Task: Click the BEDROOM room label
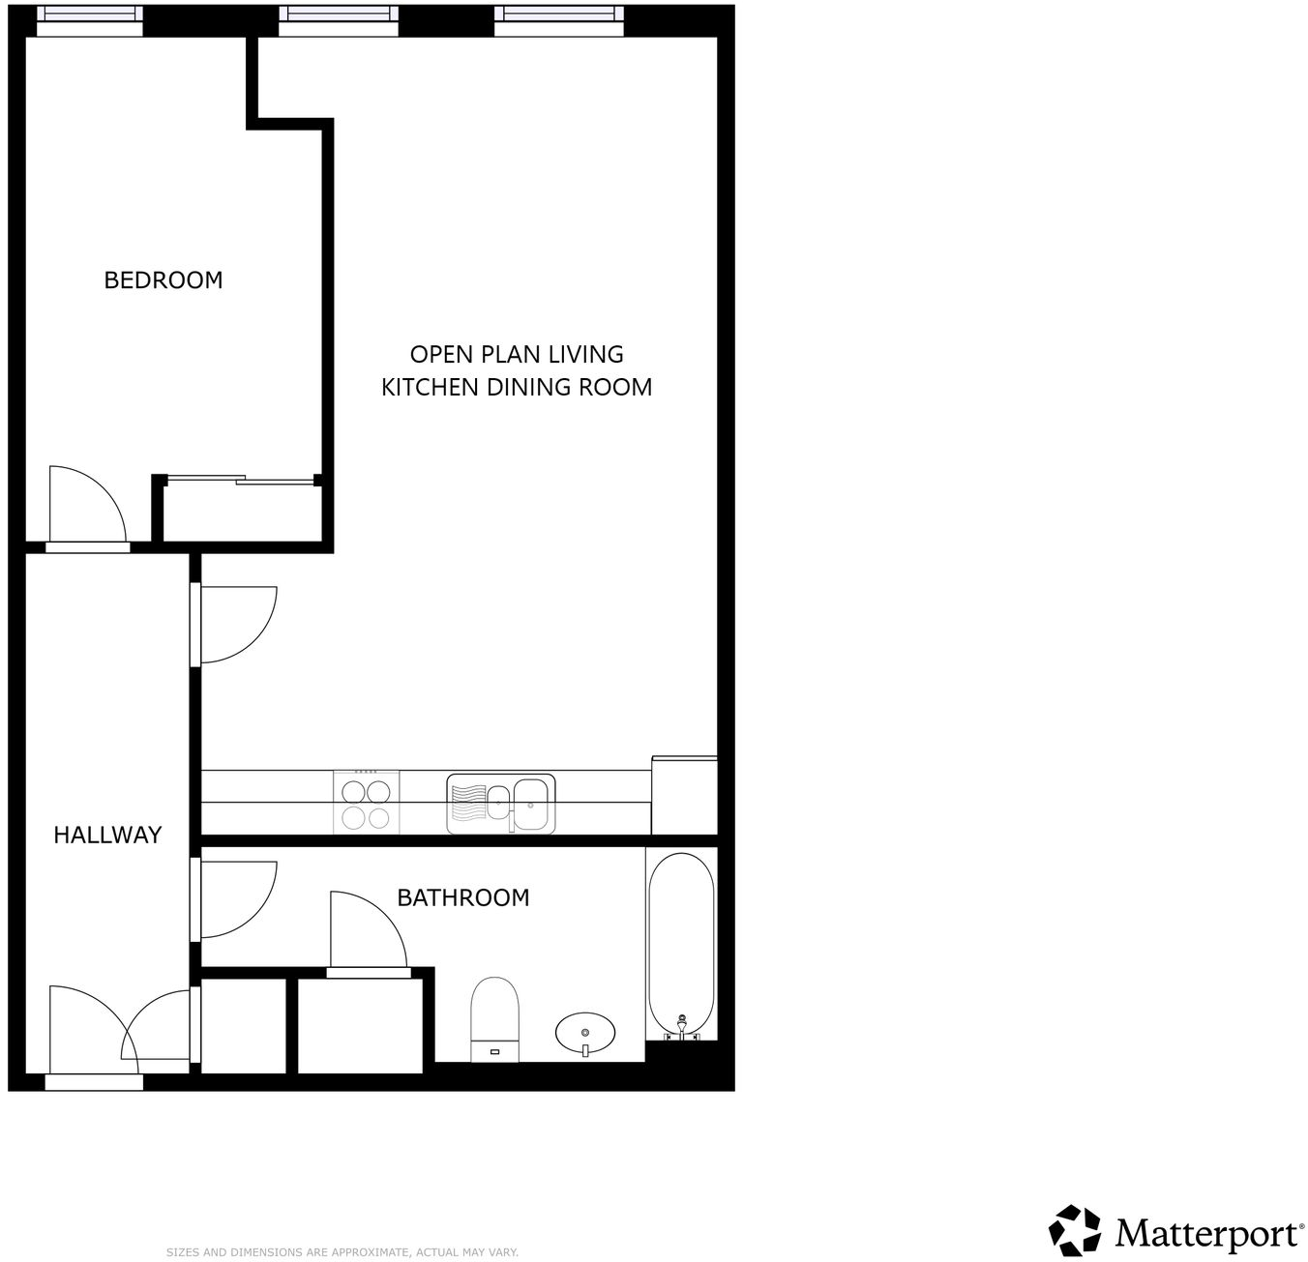163,280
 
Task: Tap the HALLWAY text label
107,835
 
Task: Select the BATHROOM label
463,897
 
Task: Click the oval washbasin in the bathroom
585,1032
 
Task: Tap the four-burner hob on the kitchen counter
367,803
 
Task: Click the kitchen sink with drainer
501,804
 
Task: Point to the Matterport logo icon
1075,1230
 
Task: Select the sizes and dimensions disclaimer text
342,1252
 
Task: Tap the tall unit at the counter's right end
684,795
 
